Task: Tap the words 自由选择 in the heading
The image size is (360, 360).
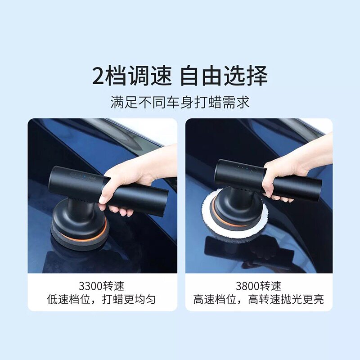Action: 224,76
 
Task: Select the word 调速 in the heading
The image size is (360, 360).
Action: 150,76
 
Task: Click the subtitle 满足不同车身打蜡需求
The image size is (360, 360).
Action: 180,102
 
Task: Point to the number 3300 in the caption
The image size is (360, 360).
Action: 90,286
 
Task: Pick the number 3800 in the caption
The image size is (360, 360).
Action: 247,286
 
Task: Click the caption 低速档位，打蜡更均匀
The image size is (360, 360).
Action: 101,299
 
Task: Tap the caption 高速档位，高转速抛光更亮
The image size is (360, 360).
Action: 258,299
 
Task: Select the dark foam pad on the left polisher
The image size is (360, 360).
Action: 79,239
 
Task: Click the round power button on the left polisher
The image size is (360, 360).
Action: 91,178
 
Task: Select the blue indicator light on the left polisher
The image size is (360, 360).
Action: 85,176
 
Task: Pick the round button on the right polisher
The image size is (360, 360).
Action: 254,170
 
